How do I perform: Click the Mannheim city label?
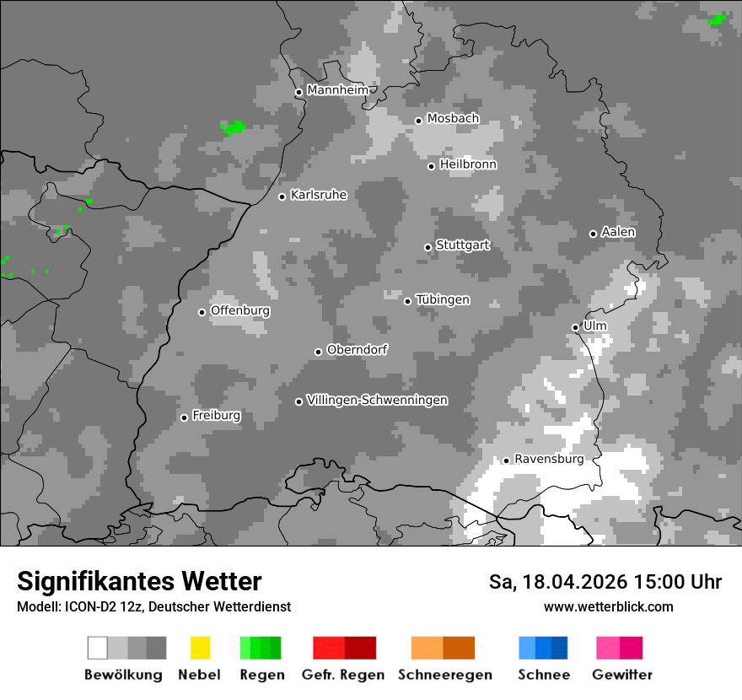pyautogui.click(x=337, y=90)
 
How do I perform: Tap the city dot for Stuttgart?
pyautogui.click(x=427, y=247)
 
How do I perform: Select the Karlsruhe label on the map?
pyautogui.click(x=318, y=195)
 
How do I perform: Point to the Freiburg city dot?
pyautogui.click(x=184, y=417)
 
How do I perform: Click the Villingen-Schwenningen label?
pyautogui.click(x=377, y=400)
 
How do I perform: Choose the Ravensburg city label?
pyautogui.click(x=548, y=459)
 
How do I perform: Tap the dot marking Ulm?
pyautogui.click(x=575, y=327)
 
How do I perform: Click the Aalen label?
pyautogui.click(x=618, y=232)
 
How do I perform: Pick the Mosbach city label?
pyautogui.click(x=453, y=119)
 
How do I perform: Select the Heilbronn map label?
pyautogui.click(x=468, y=164)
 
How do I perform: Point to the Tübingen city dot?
pyautogui.click(x=407, y=301)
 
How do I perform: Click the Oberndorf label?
pyautogui.click(x=357, y=350)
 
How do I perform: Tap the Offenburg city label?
pyautogui.click(x=239, y=310)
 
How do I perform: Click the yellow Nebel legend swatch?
pyautogui.click(x=200, y=648)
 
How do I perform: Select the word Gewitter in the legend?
pyautogui.click(x=622, y=675)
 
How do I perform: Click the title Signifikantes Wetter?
pyautogui.click(x=139, y=581)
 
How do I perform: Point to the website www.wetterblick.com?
pyautogui.click(x=608, y=606)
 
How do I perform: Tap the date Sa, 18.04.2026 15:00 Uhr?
pyautogui.click(x=605, y=582)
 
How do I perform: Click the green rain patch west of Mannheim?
pyautogui.click(x=233, y=128)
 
